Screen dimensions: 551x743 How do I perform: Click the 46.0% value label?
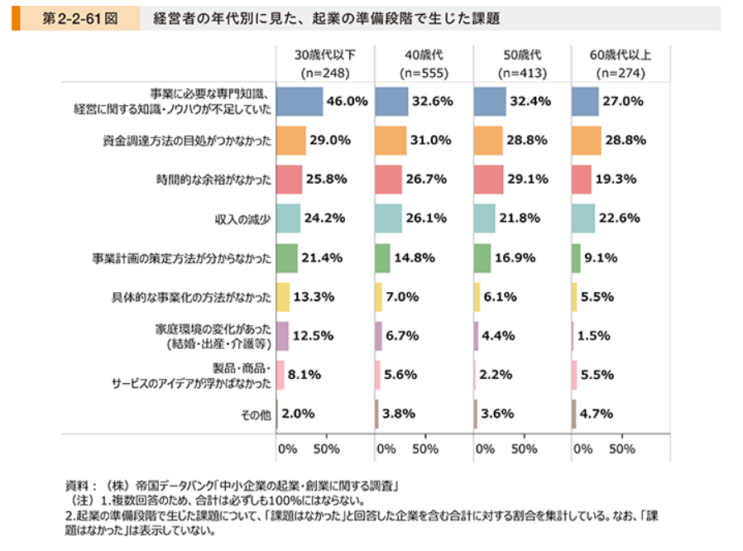pyautogui.click(x=347, y=102)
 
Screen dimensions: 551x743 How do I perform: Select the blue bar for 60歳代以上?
pyautogui.click(x=585, y=102)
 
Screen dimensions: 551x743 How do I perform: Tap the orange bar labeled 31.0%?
pyautogui.click(x=391, y=141)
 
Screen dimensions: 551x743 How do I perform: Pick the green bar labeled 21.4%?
pyautogui.click(x=287, y=258)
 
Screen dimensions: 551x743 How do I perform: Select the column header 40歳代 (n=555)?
pyautogui.click(x=424, y=65)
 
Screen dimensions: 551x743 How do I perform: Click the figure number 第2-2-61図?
pyautogui.click(x=79, y=18)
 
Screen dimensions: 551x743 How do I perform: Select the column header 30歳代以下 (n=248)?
pyautogui.click(x=324, y=65)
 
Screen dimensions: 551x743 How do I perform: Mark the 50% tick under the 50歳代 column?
pyautogui.click(x=525, y=449)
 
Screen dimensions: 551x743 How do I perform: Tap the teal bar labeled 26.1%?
pyautogui.click(x=388, y=219)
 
